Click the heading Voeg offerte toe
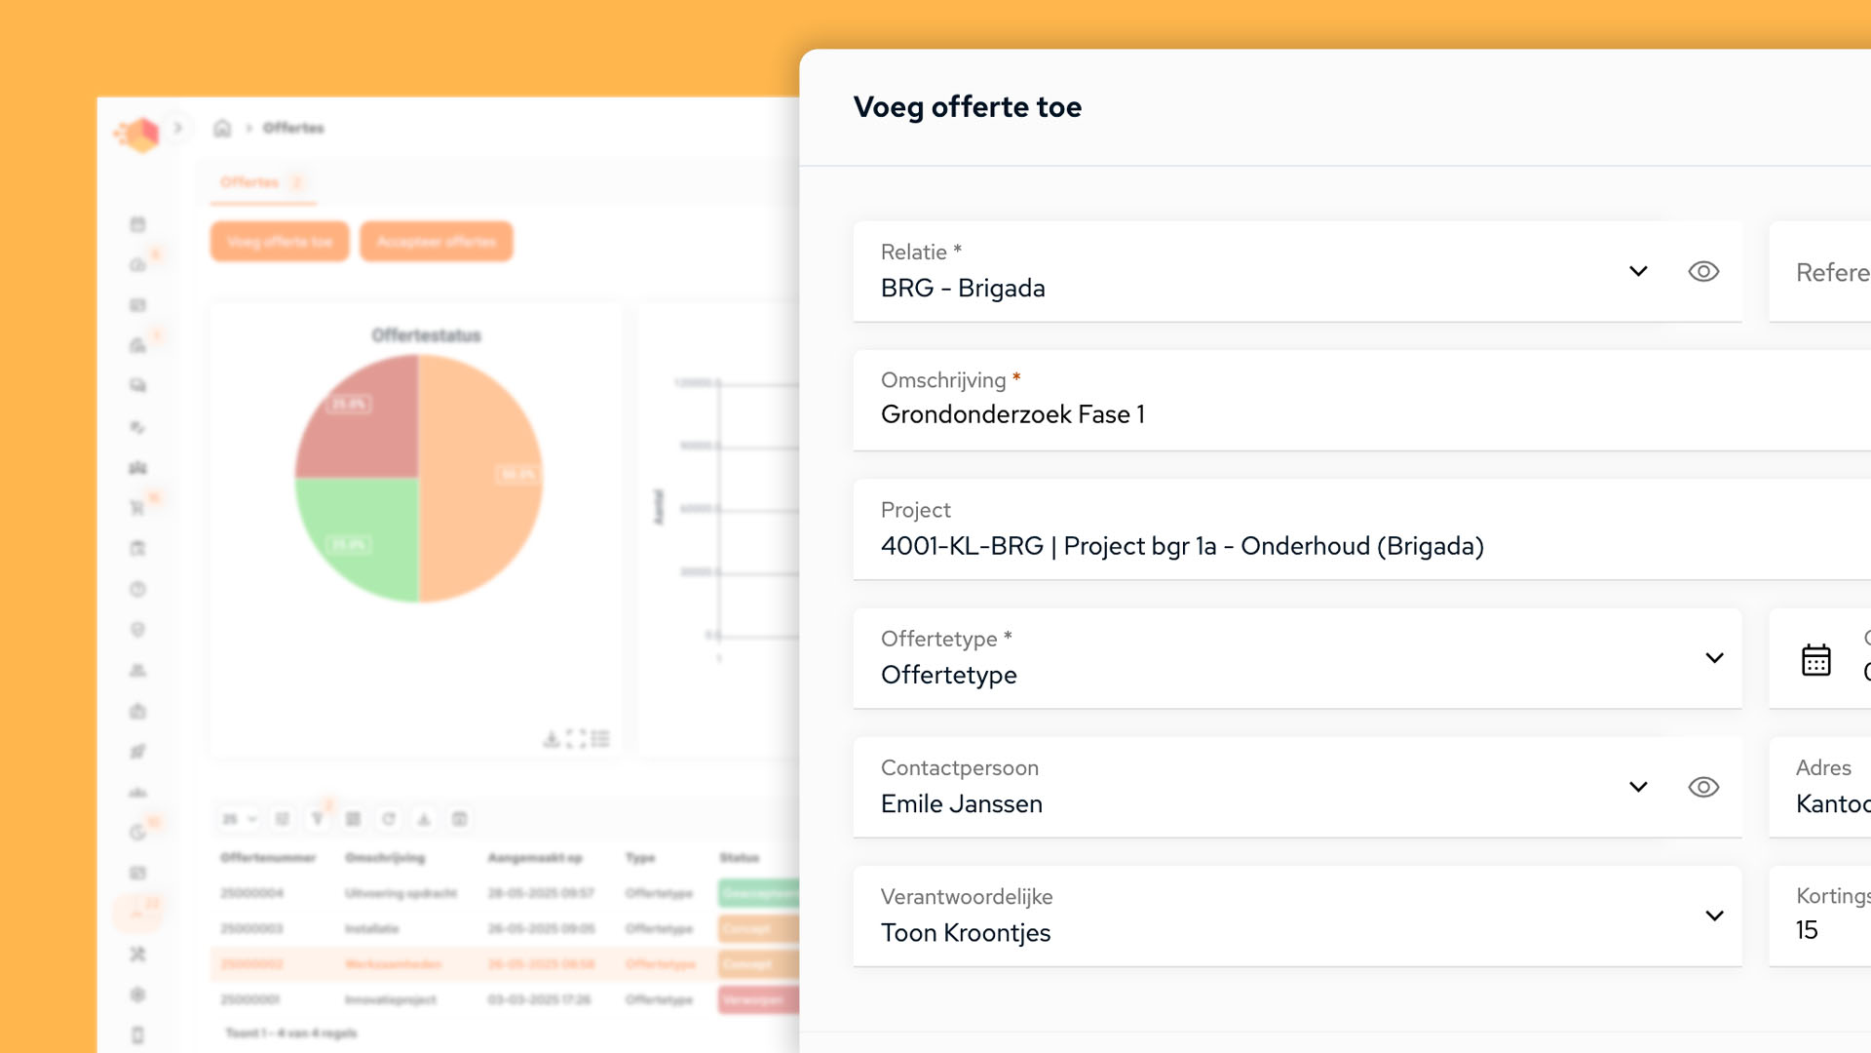point(967,107)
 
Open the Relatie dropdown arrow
point(1638,271)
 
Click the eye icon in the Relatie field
point(1703,271)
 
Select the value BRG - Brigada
point(962,289)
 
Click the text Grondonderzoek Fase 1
point(1012,414)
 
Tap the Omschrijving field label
point(942,380)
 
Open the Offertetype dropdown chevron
point(1714,658)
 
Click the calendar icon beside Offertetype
point(1815,660)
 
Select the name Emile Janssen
point(961,804)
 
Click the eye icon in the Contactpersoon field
point(1703,787)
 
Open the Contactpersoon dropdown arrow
point(1638,787)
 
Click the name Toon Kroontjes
point(965,933)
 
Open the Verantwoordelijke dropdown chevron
point(1714,916)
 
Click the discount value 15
point(1806,930)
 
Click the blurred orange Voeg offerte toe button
point(280,242)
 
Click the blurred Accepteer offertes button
point(436,242)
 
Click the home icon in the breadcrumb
point(222,128)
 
